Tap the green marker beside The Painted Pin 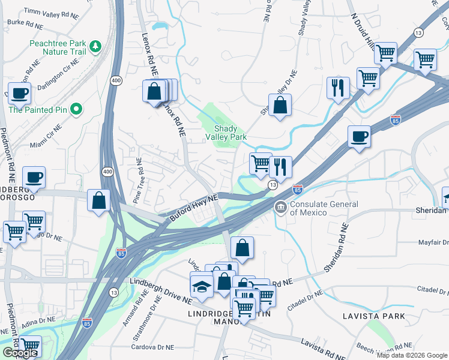76,109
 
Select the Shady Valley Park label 231,133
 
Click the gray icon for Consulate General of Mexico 280,208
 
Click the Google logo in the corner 20,353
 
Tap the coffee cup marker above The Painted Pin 19,94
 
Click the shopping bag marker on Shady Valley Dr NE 280,106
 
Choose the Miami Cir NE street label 46,137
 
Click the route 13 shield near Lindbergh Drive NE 113,292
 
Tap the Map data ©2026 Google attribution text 412,355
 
